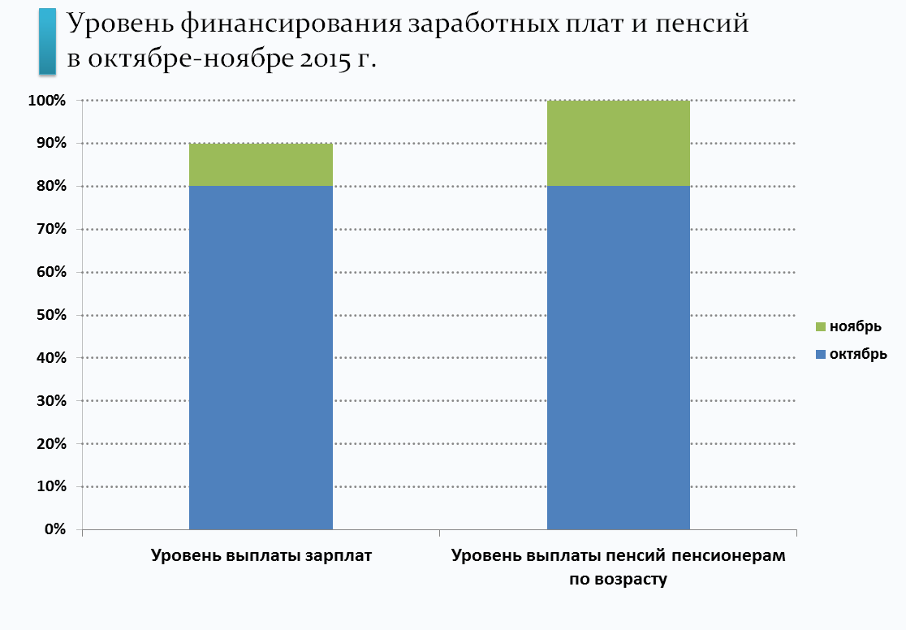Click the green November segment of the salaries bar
(x=261, y=165)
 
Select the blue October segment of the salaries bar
(x=261, y=357)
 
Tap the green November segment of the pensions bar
(x=619, y=143)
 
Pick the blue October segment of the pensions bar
(x=619, y=357)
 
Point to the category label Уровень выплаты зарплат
(x=261, y=557)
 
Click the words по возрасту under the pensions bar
(x=619, y=580)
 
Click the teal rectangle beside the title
(x=47, y=41)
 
